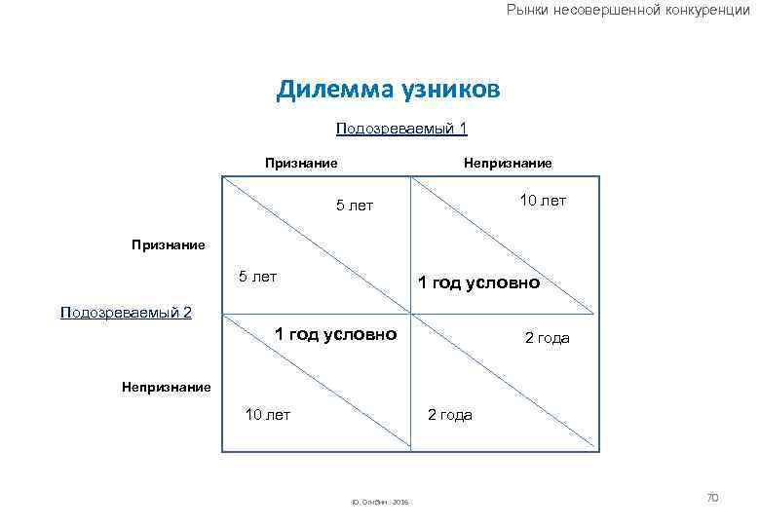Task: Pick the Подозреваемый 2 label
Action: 126,312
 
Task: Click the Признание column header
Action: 302,163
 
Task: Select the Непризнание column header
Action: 507,163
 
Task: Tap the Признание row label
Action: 169,244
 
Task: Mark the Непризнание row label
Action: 166,387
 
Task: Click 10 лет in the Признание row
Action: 543,201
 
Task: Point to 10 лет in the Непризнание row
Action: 267,415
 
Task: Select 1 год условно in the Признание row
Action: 478,283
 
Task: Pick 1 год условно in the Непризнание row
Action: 335,334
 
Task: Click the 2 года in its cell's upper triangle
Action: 547,339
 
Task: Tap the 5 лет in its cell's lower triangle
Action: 258,277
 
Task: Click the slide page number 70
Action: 711,498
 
